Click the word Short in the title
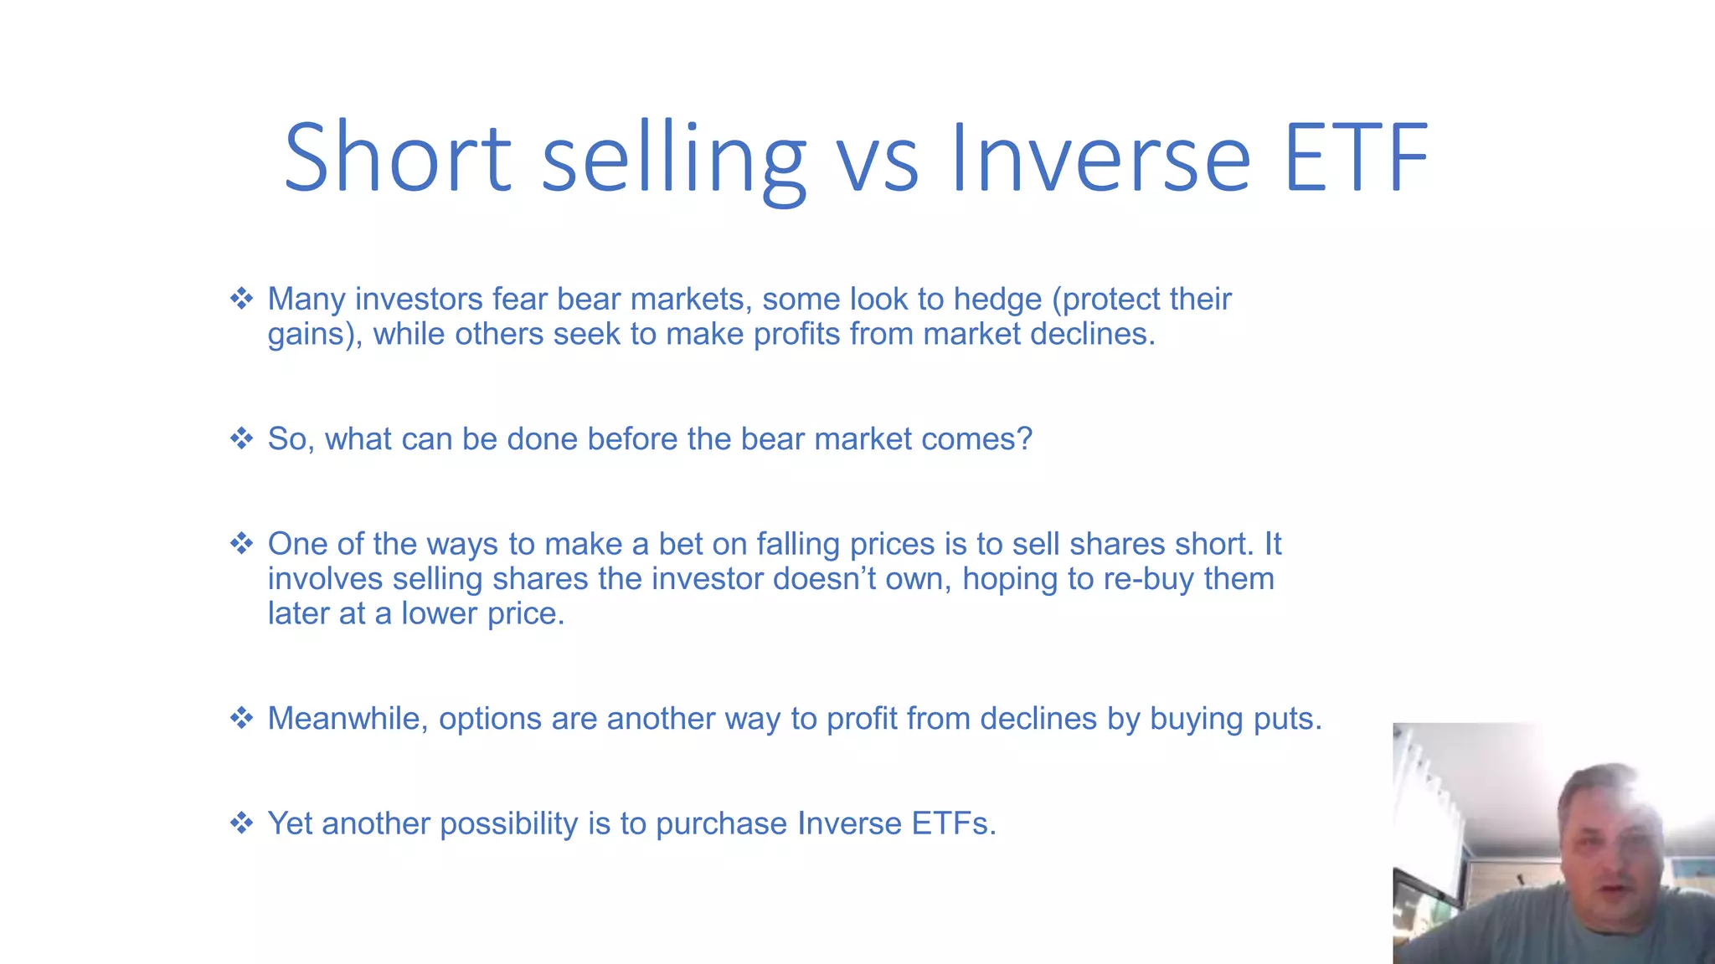click(397, 157)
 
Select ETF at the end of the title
click(1355, 157)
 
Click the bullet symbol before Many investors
click(242, 299)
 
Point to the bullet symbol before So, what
click(242, 438)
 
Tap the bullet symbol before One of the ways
click(242, 544)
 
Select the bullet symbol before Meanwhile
click(242, 718)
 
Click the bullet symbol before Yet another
click(242, 823)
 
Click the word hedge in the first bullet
click(997, 300)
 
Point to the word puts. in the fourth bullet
click(1287, 719)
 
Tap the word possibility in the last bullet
click(508, 824)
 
